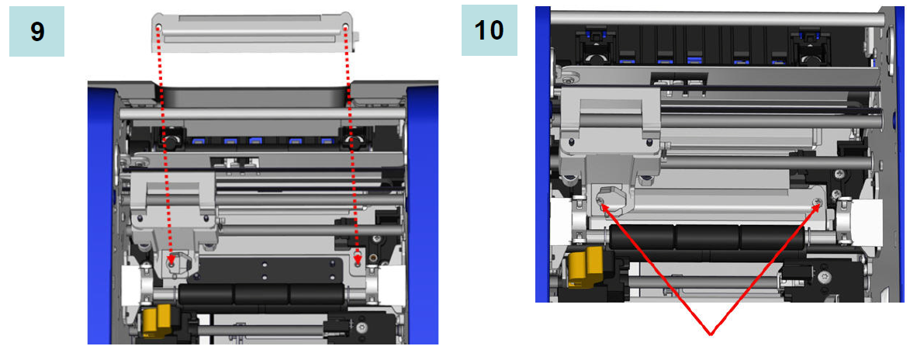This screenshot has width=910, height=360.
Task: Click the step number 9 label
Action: tap(37, 31)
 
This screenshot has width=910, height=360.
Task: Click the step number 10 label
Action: tap(490, 30)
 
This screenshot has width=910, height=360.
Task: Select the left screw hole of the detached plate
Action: tap(157, 26)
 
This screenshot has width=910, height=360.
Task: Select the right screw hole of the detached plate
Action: tap(346, 26)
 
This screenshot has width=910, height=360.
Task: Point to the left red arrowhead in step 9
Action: tap(171, 258)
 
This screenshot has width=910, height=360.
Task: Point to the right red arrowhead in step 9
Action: tap(358, 258)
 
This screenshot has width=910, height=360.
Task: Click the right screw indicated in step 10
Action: tap(818, 202)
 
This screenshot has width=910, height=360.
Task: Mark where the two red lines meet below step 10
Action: tap(710, 335)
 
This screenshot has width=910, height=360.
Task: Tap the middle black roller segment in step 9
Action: tap(262, 294)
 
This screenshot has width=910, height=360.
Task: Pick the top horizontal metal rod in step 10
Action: tap(718, 19)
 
